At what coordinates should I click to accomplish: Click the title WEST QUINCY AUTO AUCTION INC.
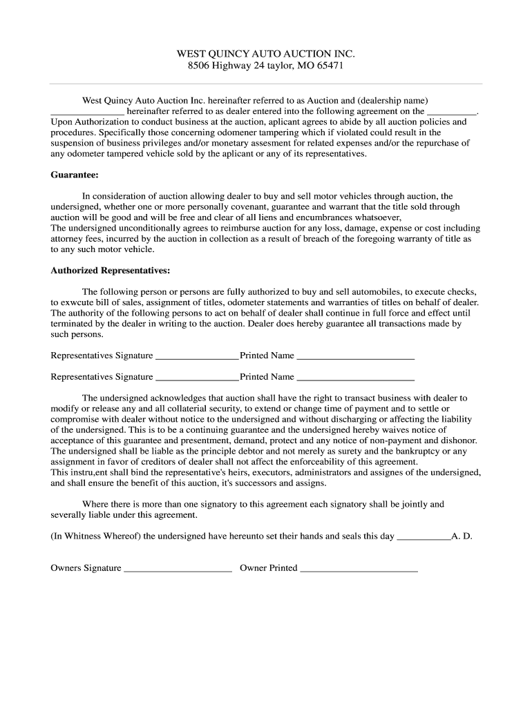point(265,53)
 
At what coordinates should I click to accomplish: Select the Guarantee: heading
point(75,175)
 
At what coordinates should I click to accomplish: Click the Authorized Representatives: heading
point(111,270)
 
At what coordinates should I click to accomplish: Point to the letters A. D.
point(462,536)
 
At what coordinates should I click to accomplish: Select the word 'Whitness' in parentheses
point(82,536)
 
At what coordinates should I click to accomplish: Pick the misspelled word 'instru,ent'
point(91,472)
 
